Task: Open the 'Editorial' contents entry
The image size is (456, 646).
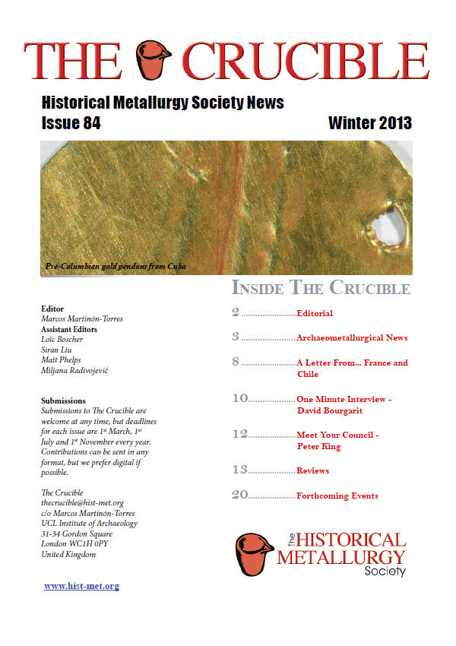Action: tap(315, 313)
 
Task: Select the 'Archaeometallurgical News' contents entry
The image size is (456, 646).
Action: tap(352, 337)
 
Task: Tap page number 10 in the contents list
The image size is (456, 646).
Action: tap(239, 397)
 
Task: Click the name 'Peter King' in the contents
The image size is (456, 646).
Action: tap(318, 447)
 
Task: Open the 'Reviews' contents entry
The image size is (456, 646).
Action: tap(312, 471)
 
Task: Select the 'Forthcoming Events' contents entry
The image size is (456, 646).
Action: tap(337, 496)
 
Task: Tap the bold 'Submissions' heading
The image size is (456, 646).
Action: tap(63, 401)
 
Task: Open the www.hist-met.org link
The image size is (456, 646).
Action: tap(81, 586)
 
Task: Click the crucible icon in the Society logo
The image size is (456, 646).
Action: tap(254, 553)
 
